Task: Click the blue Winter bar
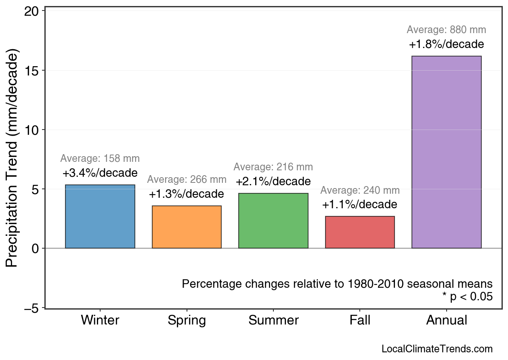coord(100,216)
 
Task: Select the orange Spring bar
coord(187,227)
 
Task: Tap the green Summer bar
coord(273,220)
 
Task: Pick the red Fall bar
coord(360,232)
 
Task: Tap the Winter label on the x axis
coord(100,320)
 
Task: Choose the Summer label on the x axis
coord(273,320)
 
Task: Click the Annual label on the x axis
coord(446,320)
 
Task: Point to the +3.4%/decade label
coord(100,173)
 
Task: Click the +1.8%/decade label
coord(446,44)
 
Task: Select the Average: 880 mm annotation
coord(446,30)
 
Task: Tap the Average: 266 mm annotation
coord(187,180)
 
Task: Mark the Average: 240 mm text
coord(360,190)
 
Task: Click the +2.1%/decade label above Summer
coord(273,181)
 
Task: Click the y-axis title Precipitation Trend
coord(13,158)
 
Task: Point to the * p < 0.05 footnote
coord(467,297)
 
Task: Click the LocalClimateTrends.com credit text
coord(437,349)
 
